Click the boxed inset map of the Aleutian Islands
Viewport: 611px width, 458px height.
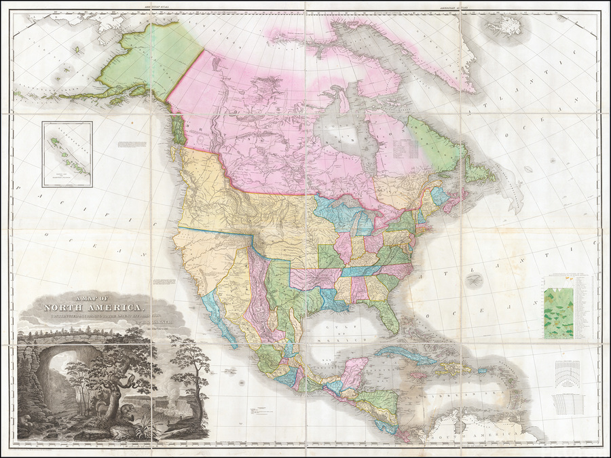point(67,152)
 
